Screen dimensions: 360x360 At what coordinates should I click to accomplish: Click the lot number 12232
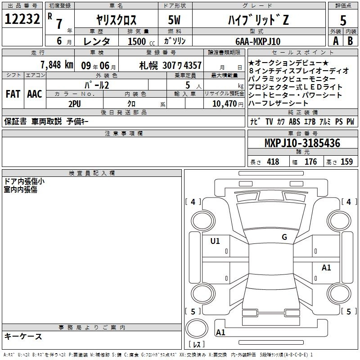[22, 19]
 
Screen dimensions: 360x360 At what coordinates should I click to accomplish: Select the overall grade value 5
[343, 20]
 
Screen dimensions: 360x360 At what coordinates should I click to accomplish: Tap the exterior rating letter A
[336, 41]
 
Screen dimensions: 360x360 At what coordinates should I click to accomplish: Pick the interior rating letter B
[350, 41]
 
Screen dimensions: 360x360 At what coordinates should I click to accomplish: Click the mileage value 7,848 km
[57, 65]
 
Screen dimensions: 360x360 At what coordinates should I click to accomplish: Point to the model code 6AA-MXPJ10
[258, 41]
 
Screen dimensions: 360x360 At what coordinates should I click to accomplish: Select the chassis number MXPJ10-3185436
[302, 143]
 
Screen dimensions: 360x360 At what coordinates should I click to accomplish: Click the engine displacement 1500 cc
[141, 41]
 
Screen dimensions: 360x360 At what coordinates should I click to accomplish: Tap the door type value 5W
[174, 20]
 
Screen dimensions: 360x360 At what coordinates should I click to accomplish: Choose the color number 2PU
[75, 104]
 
